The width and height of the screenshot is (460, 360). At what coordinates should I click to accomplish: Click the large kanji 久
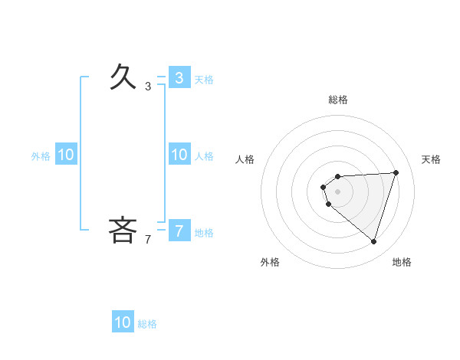pyautogui.click(x=123, y=77)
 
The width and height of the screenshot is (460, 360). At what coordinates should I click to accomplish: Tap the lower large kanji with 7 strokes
pyautogui.click(x=123, y=230)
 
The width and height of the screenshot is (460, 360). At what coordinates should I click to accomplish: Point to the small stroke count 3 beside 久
pyautogui.click(x=147, y=87)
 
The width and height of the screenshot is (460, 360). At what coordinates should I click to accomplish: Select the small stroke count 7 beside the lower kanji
pyautogui.click(x=147, y=240)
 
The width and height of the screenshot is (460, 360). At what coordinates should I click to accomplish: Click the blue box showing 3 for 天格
pyautogui.click(x=179, y=77)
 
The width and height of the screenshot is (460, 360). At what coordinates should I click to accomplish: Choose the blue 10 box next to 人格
pyautogui.click(x=179, y=155)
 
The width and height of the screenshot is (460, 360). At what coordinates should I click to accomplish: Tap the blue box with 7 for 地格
pyautogui.click(x=179, y=231)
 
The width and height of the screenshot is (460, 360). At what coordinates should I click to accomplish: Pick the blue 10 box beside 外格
pyautogui.click(x=65, y=155)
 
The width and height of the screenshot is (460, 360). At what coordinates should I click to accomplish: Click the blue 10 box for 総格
pyautogui.click(x=123, y=322)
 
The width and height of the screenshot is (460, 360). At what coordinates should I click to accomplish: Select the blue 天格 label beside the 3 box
pyautogui.click(x=204, y=80)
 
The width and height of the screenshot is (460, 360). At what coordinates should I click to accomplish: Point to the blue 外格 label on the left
pyautogui.click(x=41, y=156)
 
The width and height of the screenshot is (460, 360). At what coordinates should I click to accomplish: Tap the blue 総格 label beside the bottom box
pyautogui.click(x=147, y=324)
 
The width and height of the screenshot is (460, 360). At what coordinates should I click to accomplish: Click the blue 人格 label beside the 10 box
pyautogui.click(x=204, y=156)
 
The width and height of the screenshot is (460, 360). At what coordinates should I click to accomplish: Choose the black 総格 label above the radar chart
pyautogui.click(x=338, y=100)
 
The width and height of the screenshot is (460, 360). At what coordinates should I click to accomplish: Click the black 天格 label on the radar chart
pyautogui.click(x=432, y=159)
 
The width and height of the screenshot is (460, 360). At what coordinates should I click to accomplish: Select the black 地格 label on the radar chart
pyautogui.click(x=402, y=262)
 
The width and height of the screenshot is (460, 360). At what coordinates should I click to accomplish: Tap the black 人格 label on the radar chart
pyautogui.click(x=245, y=159)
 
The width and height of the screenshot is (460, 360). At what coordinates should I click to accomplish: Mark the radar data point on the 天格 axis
pyautogui.click(x=396, y=172)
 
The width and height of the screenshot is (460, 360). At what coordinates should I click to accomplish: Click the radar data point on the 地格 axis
pyautogui.click(x=373, y=241)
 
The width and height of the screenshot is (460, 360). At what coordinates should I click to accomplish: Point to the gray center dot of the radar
pyautogui.click(x=338, y=191)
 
